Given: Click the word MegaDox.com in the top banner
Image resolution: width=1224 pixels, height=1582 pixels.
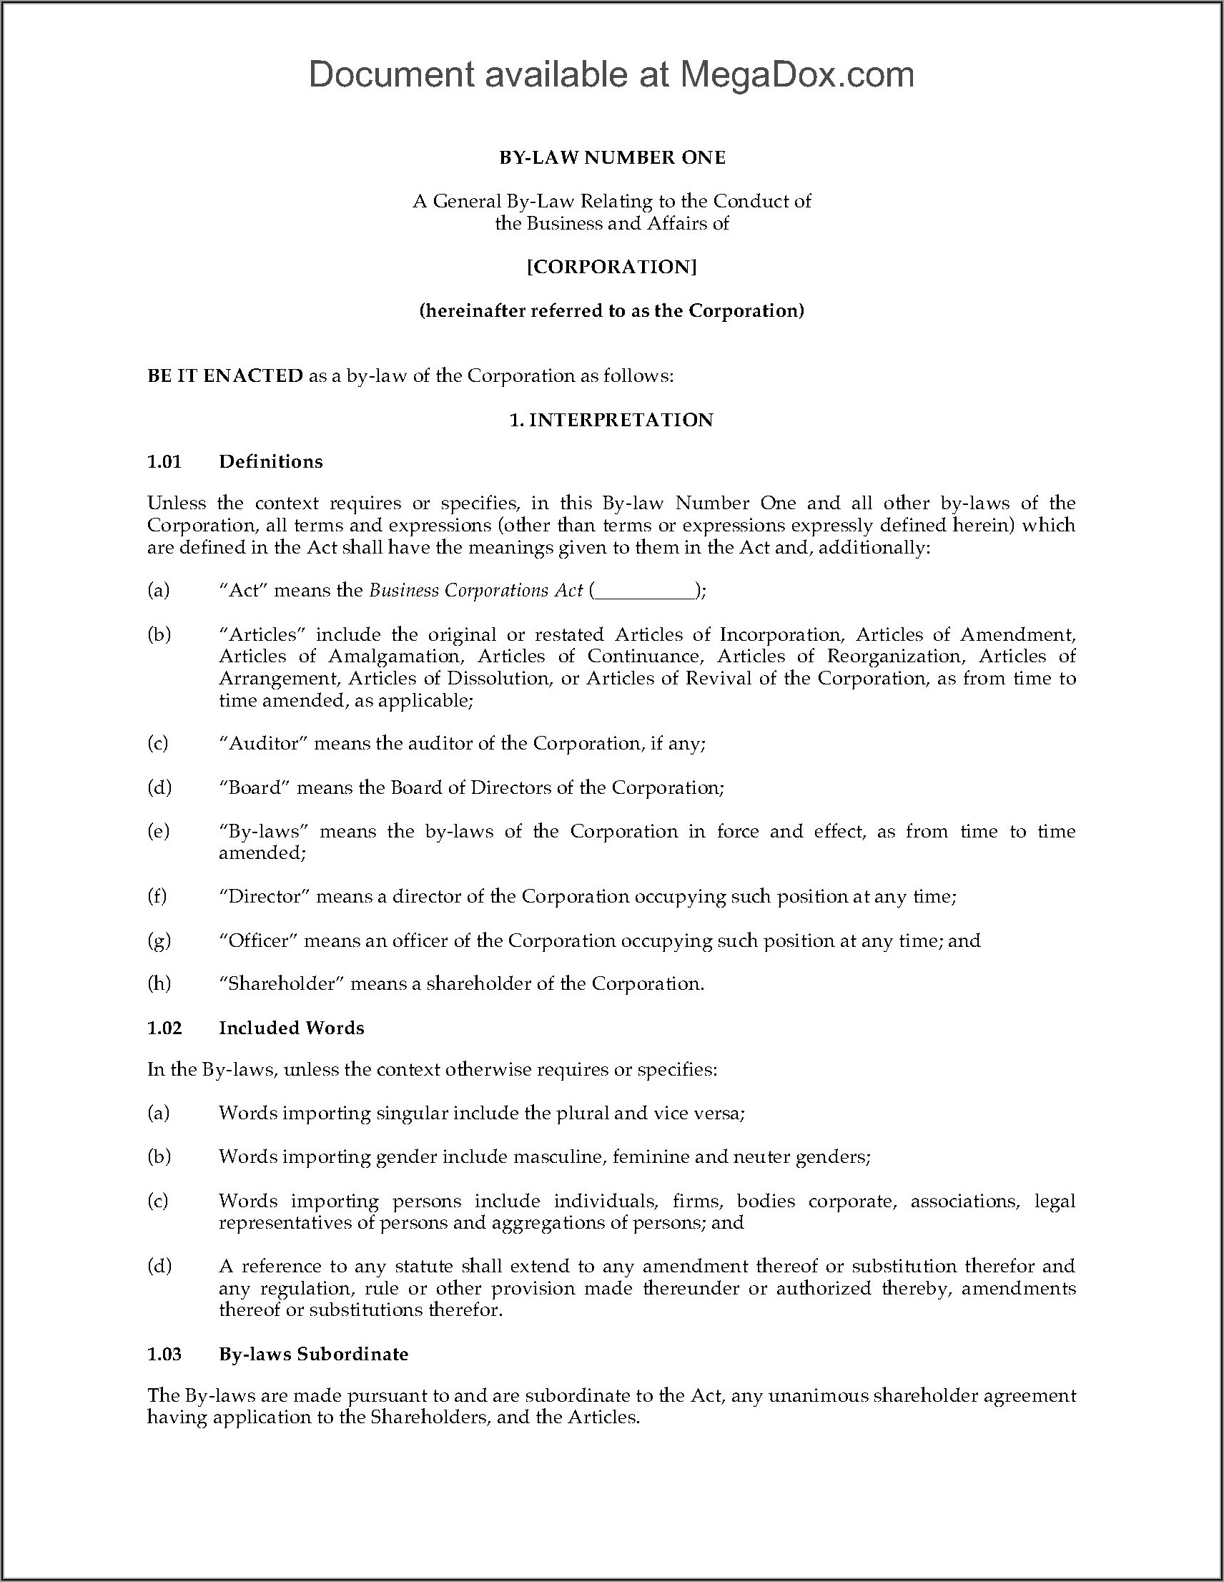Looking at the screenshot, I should [796, 74].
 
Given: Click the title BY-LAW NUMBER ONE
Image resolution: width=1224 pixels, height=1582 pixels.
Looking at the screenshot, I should [612, 158].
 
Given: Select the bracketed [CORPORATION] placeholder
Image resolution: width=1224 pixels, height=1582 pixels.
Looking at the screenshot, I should [612, 267].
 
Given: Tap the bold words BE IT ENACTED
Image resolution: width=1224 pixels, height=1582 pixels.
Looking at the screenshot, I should [224, 375].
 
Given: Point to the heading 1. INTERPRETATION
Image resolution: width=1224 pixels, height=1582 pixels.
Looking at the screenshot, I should [612, 420].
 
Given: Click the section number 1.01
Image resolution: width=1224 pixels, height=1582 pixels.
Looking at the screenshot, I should [164, 461].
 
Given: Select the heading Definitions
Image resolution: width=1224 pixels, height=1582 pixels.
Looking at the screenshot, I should [271, 461].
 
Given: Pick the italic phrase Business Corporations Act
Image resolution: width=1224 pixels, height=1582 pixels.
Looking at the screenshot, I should [476, 590].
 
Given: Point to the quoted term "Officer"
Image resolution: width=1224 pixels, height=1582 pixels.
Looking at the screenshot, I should [258, 940].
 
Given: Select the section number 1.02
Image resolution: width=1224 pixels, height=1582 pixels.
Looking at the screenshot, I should [164, 1028].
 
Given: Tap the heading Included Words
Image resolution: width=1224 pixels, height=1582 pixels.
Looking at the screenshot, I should [291, 1028].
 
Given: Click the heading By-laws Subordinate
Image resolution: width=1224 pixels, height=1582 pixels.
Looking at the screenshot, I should [314, 1354].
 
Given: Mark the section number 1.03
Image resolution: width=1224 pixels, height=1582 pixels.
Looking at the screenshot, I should [164, 1354].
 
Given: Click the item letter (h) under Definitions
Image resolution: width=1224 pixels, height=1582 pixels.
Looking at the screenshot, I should [159, 983].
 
